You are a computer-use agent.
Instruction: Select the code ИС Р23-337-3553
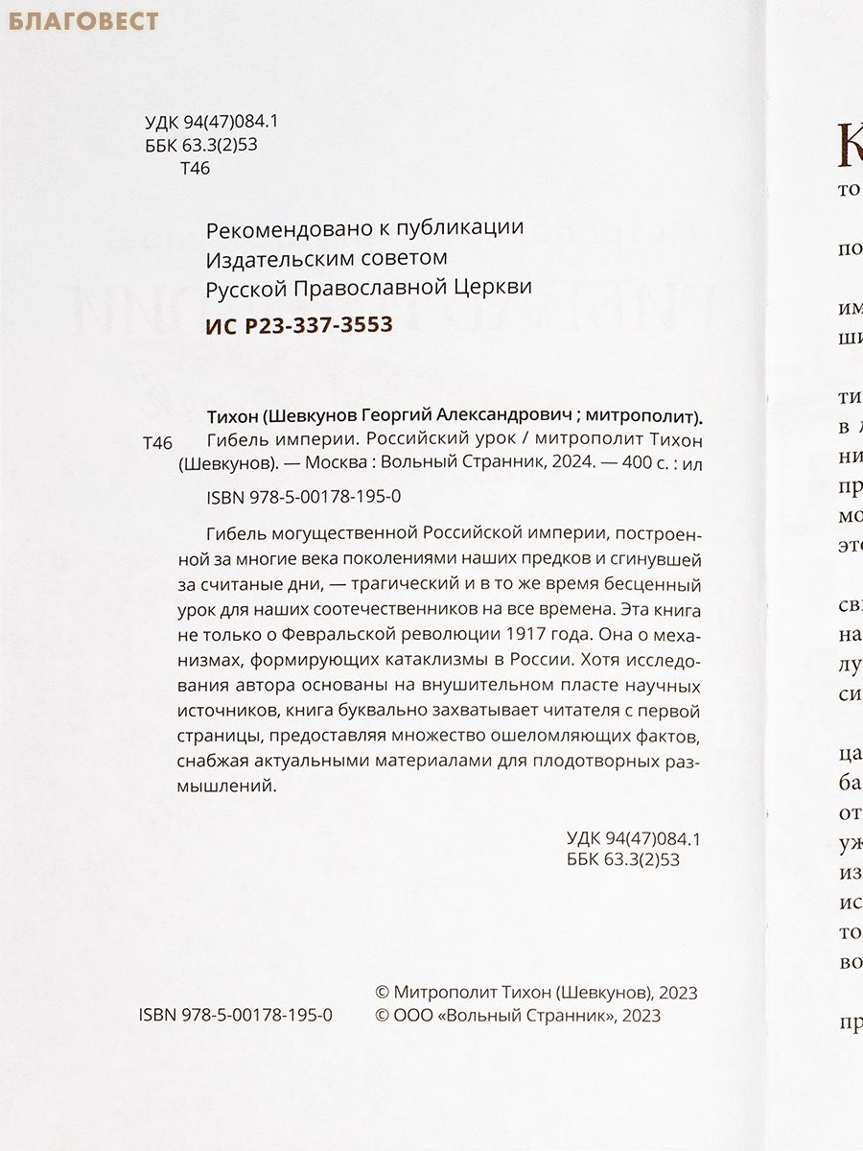[299, 325]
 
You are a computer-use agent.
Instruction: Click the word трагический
[383, 584]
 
